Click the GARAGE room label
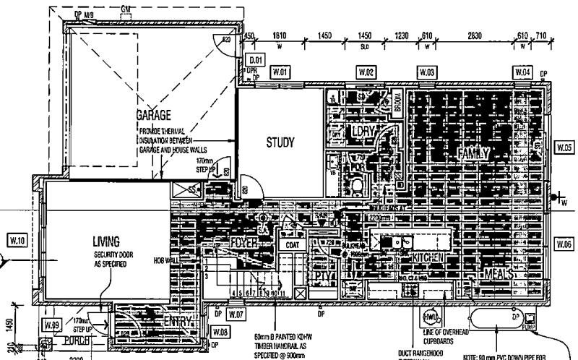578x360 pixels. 153,116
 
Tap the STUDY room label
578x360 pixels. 280,142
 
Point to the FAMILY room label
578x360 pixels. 473,153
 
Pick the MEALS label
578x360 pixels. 498,275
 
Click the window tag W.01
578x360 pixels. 280,72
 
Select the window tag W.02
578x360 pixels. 367,72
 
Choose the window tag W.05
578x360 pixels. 564,147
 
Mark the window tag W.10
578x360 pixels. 16,239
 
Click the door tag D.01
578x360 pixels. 255,60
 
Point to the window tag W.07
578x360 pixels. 236,314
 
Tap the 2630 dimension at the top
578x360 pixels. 475,35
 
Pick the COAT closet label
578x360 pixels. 293,244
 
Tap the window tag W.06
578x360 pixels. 564,244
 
